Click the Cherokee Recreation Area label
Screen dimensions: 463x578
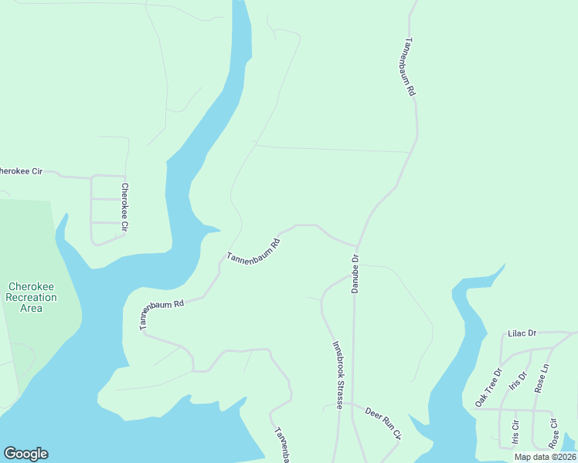32,297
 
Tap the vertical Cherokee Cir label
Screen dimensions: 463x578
124,208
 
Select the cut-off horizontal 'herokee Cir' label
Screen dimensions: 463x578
22,171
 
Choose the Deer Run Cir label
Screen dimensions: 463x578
383,423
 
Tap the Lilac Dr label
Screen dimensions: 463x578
522,334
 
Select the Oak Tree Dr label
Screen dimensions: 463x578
488,387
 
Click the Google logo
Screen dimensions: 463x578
25,454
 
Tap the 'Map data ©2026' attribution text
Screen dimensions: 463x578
545,457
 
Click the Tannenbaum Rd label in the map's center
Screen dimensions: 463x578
253,248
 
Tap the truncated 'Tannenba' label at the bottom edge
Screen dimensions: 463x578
282,446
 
